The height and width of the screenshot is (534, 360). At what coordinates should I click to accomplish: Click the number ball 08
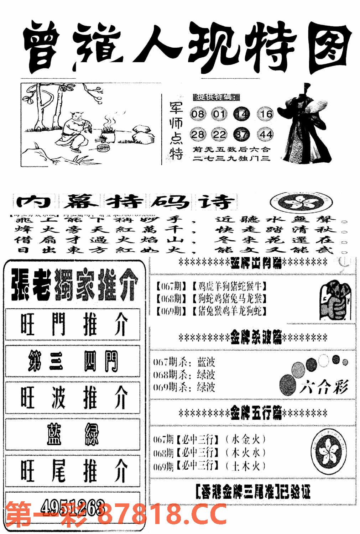pos(198,114)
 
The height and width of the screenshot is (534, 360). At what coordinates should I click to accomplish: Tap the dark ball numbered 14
pos(241,114)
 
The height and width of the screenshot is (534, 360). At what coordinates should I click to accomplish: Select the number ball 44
pos(266,134)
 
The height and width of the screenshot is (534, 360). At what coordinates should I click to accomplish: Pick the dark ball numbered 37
pos(242,135)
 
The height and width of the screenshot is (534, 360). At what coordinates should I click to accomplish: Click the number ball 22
pos(219,134)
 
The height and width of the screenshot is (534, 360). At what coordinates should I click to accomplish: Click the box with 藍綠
pos(73,434)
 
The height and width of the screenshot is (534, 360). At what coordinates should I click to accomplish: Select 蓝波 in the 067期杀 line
pos(206,362)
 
